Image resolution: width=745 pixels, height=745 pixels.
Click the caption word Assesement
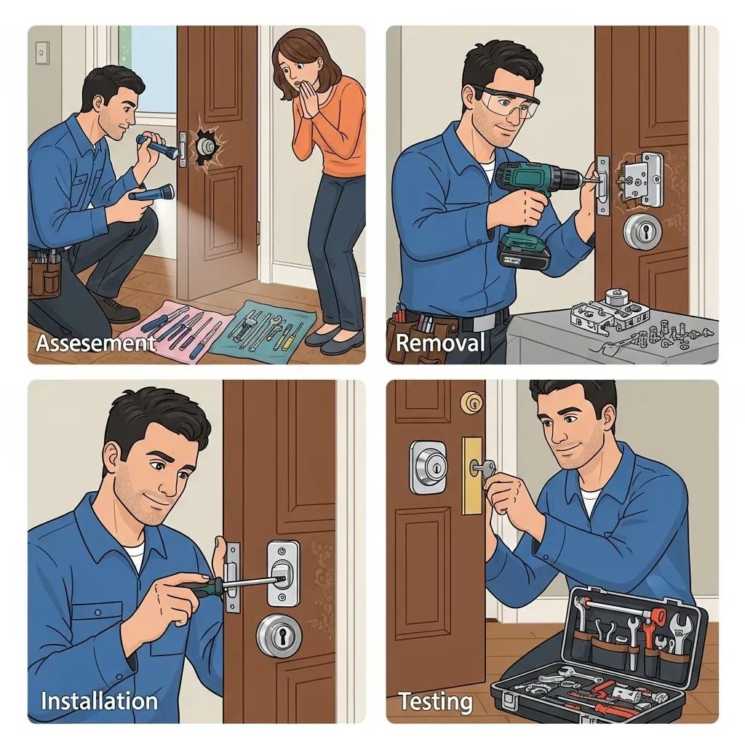tap(95, 343)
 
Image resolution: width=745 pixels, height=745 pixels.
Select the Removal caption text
tap(439, 343)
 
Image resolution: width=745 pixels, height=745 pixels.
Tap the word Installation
tap(99, 701)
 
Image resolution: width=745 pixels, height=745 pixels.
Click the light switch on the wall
tap(42, 52)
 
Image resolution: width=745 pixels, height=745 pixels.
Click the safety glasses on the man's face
tap(508, 104)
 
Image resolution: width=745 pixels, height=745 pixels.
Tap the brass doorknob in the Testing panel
tap(472, 401)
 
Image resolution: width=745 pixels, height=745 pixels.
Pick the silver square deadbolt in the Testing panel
tap(427, 466)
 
